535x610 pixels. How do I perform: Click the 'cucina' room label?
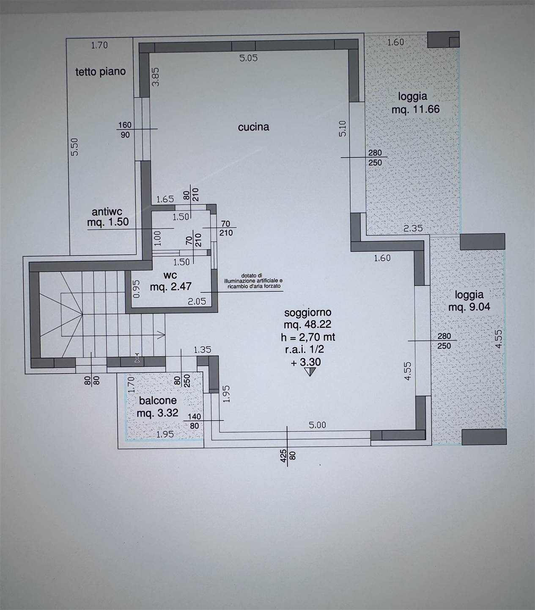pyautogui.click(x=253, y=127)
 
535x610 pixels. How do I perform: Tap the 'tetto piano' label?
pyautogui.click(x=100, y=72)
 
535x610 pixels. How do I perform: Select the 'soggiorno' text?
pyautogui.click(x=308, y=313)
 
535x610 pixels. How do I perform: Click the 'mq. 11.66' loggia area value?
pyautogui.click(x=415, y=109)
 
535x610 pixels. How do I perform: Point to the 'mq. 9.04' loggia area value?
pyautogui.click(x=469, y=307)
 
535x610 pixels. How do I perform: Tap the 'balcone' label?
pyautogui.click(x=158, y=400)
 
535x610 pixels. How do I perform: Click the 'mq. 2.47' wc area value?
pyautogui.click(x=171, y=286)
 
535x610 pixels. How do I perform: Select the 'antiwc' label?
pyautogui.click(x=107, y=212)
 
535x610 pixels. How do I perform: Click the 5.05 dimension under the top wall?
pyautogui.click(x=249, y=58)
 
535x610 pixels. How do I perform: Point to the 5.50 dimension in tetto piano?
pyautogui.click(x=74, y=147)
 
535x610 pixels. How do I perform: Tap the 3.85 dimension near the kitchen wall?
pyautogui.click(x=156, y=77)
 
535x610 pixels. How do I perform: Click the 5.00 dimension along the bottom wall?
pyautogui.click(x=317, y=425)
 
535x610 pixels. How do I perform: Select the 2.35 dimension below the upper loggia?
pyautogui.click(x=413, y=228)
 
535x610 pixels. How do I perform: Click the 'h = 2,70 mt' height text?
pyautogui.click(x=308, y=337)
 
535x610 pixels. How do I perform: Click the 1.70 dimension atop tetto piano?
pyautogui.click(x=99, y=45)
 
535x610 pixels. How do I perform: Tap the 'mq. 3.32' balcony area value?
pyautogui.click(x=157, y=413)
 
